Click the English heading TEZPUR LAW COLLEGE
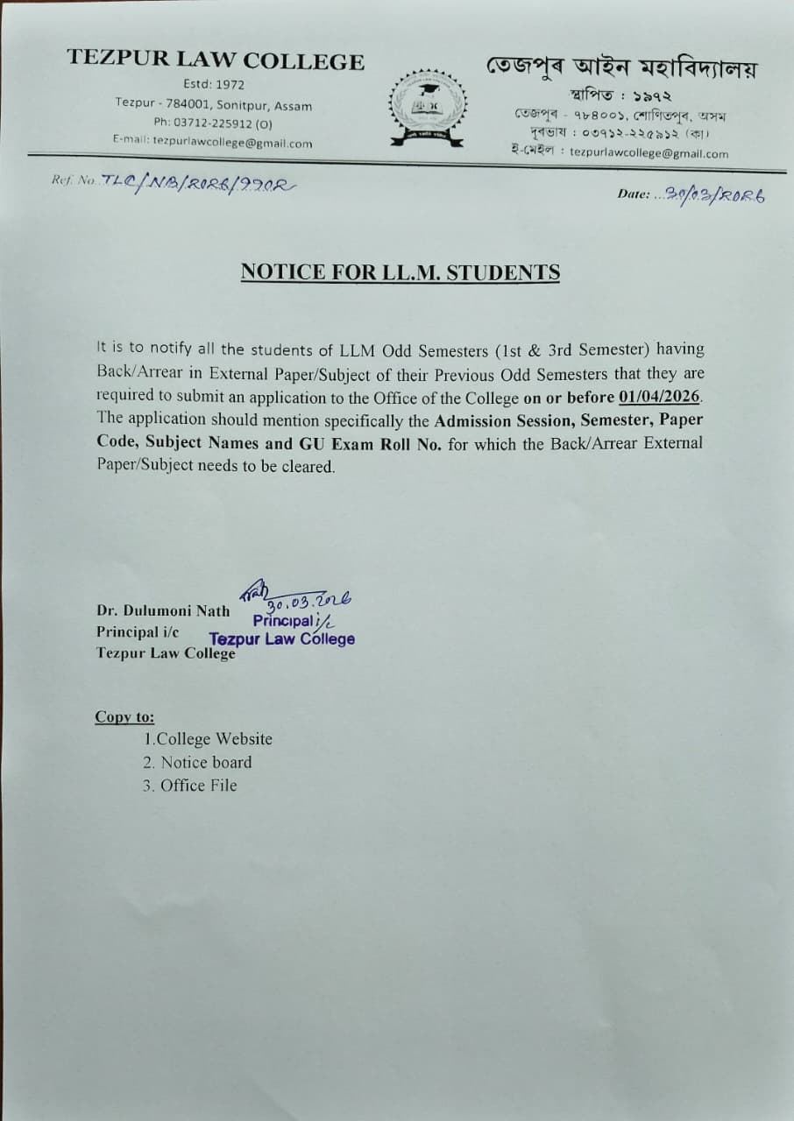[x=216, y=61]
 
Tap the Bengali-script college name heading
[x=622, y=67]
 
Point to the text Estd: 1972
[x=214, y=85]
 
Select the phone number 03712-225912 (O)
[x=213, y=123]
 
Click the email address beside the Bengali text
[x=649, y=152]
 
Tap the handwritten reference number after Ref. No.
[x=200, y=181]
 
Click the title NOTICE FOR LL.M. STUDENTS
[x=400, y=272]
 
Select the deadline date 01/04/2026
[x=659, y=397]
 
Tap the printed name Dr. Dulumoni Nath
[x=164, y=611]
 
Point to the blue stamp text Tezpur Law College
[x=282, y=639]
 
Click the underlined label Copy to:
[x=124, y=717]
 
